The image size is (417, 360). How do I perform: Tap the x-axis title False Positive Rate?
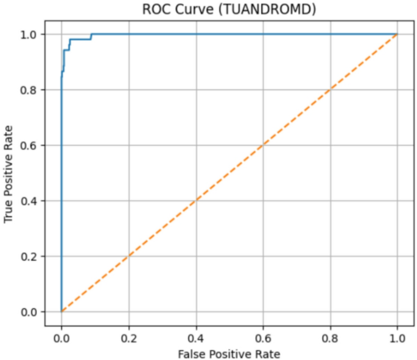point(229,352)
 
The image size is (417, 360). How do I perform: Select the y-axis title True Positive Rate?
point(9,173)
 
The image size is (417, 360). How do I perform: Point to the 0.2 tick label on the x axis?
point(128,334)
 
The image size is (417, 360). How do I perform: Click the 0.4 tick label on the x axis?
point(195,334)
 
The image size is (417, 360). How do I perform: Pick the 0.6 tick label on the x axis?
point(263,334)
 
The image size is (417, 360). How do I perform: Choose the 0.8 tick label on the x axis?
point(330,334)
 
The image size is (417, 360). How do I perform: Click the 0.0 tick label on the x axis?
point(61,334)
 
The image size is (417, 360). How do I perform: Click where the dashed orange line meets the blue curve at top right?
point(397,34)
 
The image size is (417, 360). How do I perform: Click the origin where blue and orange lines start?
point(61,312)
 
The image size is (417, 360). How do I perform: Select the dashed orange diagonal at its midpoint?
point(229,173)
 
